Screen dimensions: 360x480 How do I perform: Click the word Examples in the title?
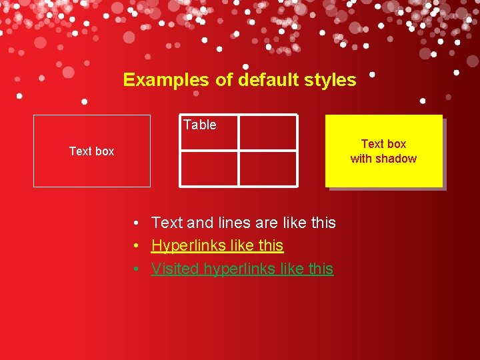coord(166,80)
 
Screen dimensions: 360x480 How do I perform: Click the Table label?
coord(200,125)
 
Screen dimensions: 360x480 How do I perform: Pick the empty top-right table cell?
coord(268,132)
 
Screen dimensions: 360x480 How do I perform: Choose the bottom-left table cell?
coord(209,168)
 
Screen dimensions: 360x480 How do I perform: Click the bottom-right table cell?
coord(268,168)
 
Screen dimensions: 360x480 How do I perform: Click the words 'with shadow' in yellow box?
coord(383,159)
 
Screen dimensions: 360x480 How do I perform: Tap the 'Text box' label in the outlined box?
coord(91,151)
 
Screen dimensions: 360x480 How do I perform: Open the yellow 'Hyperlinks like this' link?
coord(217,246)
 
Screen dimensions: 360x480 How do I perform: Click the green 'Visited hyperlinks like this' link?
coord(242,269)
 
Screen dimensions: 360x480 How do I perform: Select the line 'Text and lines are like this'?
coord(243,223)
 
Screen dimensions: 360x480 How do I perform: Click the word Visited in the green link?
coord(175,269)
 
